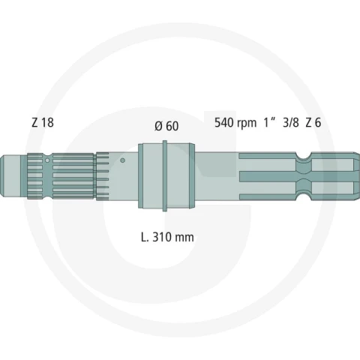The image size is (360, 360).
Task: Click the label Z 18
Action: click(x=43, y=122)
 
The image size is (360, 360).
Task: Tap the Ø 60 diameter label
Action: click(x=166, y=126)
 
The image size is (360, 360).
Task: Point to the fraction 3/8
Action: click(x=291, y=122)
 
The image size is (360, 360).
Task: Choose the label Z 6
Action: click(x=313, y=122)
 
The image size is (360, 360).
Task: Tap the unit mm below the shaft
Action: click(x=184, y=238)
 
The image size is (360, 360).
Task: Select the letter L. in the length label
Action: click(x=145, y=237)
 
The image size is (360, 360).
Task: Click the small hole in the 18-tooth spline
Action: click(x=47, y=160)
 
